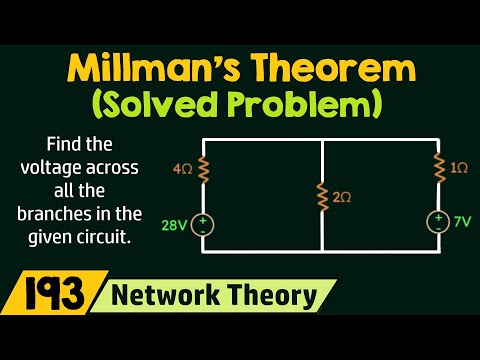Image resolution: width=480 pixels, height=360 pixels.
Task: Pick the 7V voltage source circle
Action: (438, 221)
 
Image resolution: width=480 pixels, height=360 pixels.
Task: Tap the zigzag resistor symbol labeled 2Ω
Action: (322, 197)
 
